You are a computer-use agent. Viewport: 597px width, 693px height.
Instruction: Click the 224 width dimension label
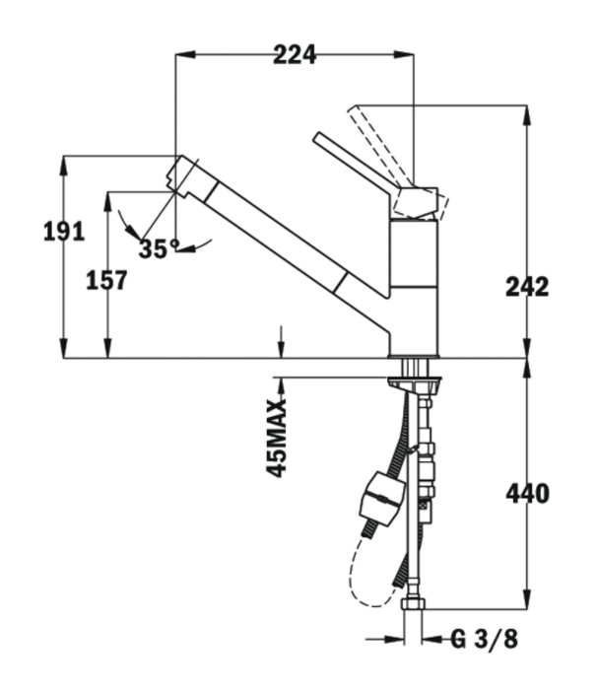(x=295, y=55)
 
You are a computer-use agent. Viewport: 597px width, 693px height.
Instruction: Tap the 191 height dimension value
(x=64, y=232)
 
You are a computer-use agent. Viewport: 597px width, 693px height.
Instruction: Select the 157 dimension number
(x=106, y=281)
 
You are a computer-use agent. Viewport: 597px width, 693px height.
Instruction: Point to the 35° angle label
(x=158, y=248)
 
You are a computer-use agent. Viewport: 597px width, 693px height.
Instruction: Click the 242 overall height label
(x=527, y=287)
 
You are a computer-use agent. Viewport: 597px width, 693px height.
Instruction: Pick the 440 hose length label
(x=527, y=494)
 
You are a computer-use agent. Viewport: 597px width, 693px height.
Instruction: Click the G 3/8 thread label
(x=484, y=639)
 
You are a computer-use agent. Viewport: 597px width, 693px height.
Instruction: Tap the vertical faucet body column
(x=413, y=286)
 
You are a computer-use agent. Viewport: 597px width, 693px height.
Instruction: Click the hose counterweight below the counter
(x=380, y=498)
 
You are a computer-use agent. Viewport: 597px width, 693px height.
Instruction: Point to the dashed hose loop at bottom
(x=360, y=582)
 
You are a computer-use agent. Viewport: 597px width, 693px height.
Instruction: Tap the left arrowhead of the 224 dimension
(x=181, y=55)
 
